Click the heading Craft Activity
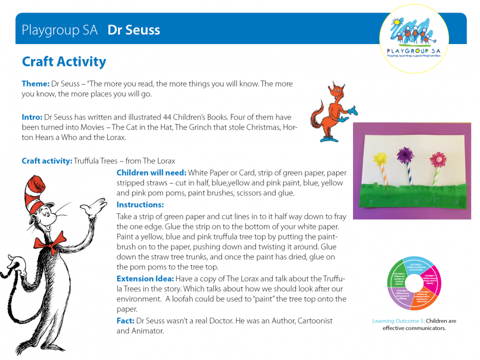(64, 62)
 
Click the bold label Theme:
(35, 83)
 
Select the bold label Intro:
(32, 117)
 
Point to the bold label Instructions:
(140, 204)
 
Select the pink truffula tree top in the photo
(437, 160)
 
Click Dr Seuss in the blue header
(133, 30)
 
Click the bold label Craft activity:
(47, 161)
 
